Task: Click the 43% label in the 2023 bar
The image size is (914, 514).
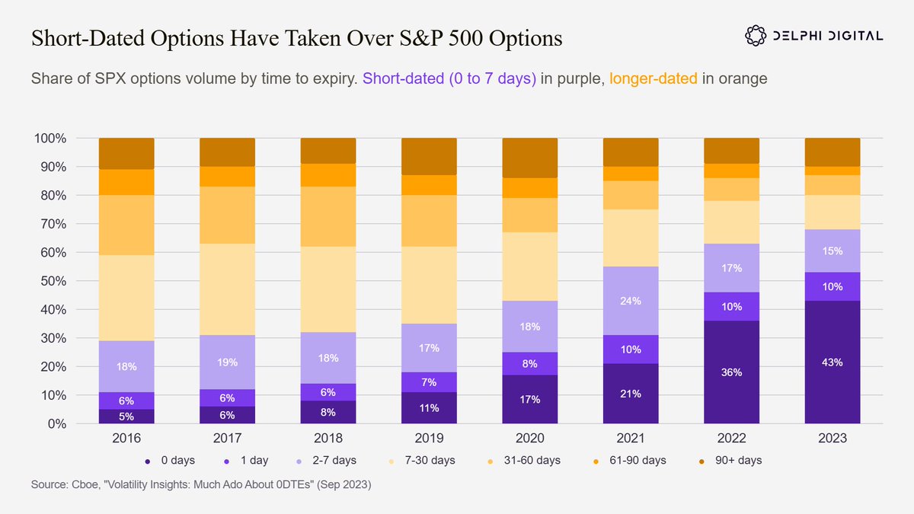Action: [x=833, y=362]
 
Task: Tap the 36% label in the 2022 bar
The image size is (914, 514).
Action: [x=732, y=372]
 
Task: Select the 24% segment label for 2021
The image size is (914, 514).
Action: [x=631, y=301]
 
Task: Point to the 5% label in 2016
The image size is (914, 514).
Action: [x=126, y=417]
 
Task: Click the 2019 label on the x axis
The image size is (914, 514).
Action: [x=429, y=438]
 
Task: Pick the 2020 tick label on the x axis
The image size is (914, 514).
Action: [x=530, y=438]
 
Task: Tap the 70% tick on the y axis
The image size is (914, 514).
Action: [x=53, y=224]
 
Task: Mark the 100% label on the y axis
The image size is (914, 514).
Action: [x=50, y=139]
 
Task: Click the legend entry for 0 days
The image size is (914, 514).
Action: [x=171, y=461]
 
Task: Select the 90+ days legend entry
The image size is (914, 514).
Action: [x=730, y=461]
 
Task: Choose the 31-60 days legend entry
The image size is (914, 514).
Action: [x=524, y=461]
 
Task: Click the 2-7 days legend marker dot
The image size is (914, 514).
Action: [x=299, y=461]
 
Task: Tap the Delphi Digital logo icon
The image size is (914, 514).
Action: [x=756, y=36]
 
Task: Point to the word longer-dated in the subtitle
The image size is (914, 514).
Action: [x=654, y=78]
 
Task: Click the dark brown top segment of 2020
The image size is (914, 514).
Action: [x=530, y=158]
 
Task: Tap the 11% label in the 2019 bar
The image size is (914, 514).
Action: [x=429, y=408]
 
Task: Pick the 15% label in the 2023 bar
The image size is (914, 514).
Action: [x=833, y=251]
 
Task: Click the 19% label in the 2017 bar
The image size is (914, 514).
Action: [x=227, y=362]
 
